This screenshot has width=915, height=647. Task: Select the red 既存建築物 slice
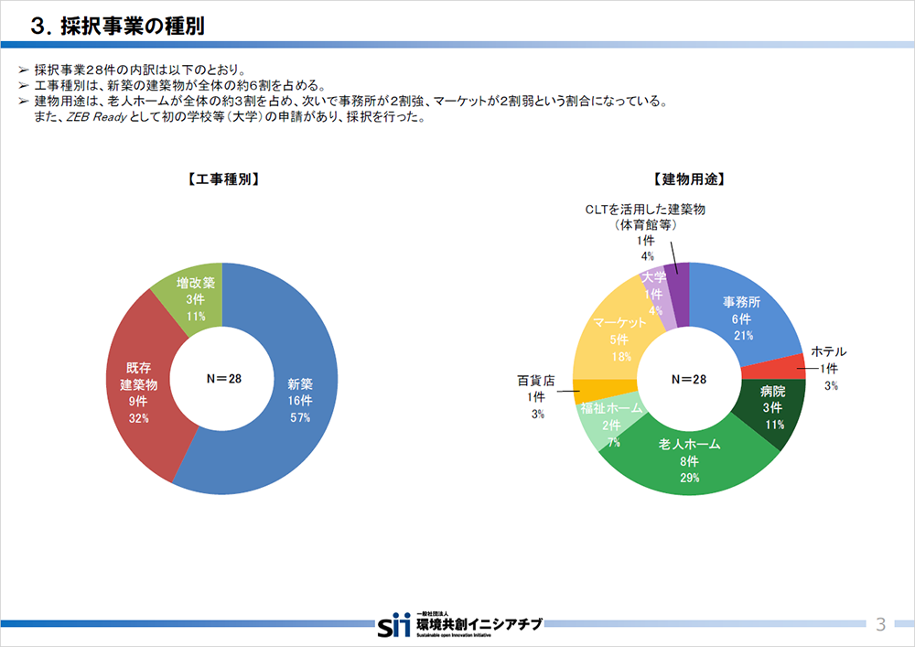pyautogui.click(x=137, y=394)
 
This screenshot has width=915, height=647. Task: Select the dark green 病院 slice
pyautogui.click(x=774, y=412)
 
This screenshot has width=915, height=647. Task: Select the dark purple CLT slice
pyautogui.click(x=677, y=278)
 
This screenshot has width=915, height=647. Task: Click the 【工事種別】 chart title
pyautogui.click(x=221, y=179)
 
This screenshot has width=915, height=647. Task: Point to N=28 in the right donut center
pyautogui.click(x=689, y=378)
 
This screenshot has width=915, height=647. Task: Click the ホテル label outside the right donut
pyautogui.click(x=829, y=352)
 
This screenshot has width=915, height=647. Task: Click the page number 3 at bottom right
pyautogui.click(x=880, y=625)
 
